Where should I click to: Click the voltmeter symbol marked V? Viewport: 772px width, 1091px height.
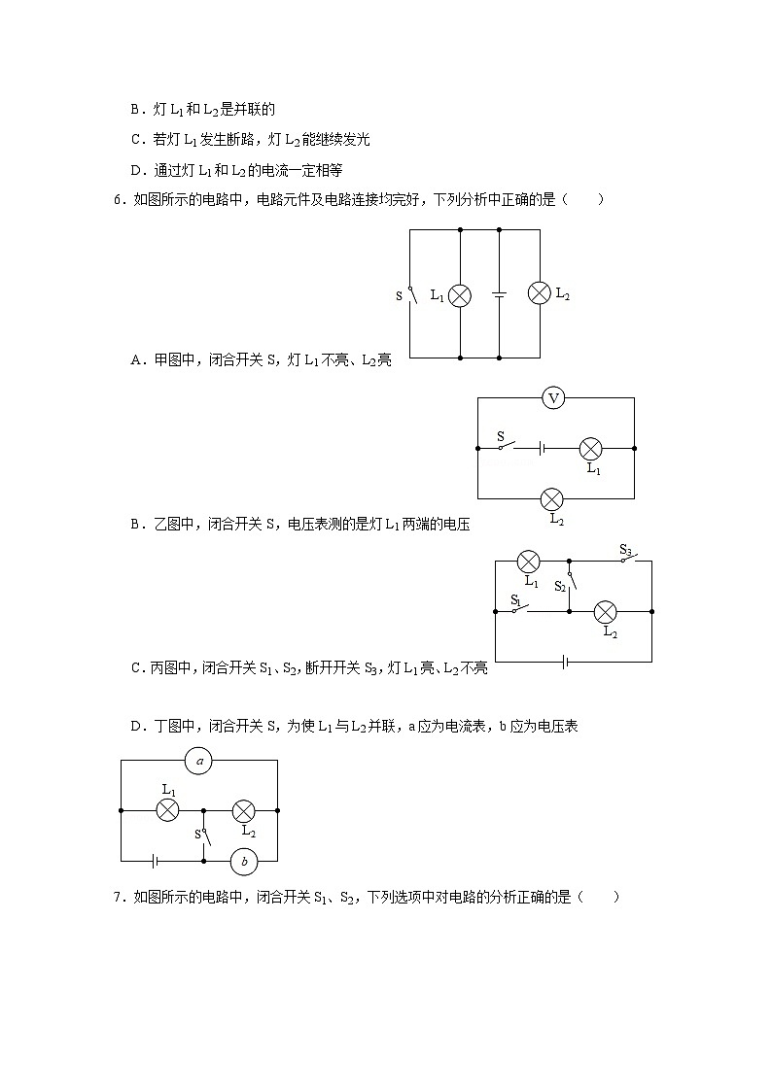(x=553, y=397)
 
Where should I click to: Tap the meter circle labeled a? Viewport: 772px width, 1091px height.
(x=199, y=761)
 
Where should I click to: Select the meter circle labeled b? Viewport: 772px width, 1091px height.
(x=244, y=861)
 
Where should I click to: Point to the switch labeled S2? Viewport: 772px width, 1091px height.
(x=571, y=581)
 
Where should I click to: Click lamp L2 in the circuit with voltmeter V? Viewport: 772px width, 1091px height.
(x=552, y=499)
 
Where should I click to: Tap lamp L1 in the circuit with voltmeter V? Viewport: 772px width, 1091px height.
(x=590, y=448)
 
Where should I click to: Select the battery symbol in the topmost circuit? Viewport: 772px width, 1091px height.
(x=499, y=294)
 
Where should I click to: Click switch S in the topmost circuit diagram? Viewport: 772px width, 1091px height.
(x=409, y=294)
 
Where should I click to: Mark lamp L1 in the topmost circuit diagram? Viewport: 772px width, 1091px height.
(x=459, y=294)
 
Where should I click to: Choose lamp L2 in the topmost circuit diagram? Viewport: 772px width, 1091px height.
(x=540, y=292)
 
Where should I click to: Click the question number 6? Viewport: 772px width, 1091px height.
(x=118, y=200)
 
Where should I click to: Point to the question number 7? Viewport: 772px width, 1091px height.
(x=118, y=897)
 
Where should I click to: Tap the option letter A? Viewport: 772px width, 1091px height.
(x=135, y=360)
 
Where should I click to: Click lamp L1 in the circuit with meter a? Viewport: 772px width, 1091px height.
(x=167, y=809)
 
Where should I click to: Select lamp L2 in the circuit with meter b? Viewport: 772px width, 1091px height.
(x=243, y=809)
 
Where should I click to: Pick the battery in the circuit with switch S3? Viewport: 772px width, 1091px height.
(x=565, y=662)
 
